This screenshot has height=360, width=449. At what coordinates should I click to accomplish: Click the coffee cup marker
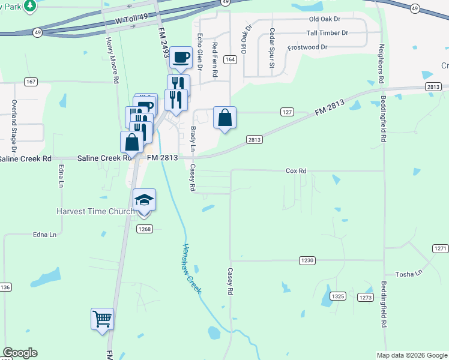click(x=180, y=58)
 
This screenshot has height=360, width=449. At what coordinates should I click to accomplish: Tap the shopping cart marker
click(x=102, y=319)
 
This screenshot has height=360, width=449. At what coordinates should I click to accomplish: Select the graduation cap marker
click(x=144, y=200)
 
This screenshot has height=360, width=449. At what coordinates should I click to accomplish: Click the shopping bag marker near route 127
click(x=224, y=118)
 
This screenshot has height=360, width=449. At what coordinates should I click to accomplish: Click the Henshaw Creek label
click(x=192, y=268)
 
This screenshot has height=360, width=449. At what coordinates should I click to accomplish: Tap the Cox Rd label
click(x=296, y=171)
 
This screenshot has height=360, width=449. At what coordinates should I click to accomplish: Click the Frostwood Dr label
click(x=307, y=47)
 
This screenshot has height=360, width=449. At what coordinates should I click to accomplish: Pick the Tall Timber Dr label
click(x=327, y=33)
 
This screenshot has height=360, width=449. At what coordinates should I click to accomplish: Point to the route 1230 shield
click(x=307, y=260)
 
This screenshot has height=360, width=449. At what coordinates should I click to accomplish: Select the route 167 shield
click(x=31, y=81)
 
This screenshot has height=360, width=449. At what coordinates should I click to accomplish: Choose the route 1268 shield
click(x=145, y=229)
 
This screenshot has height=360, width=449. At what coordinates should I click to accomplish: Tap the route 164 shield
click(x=229, y=59)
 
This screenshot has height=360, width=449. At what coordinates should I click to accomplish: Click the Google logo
click(x=20, y=353)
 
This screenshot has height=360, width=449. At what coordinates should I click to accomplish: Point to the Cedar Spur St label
click(x=272, y=40)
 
